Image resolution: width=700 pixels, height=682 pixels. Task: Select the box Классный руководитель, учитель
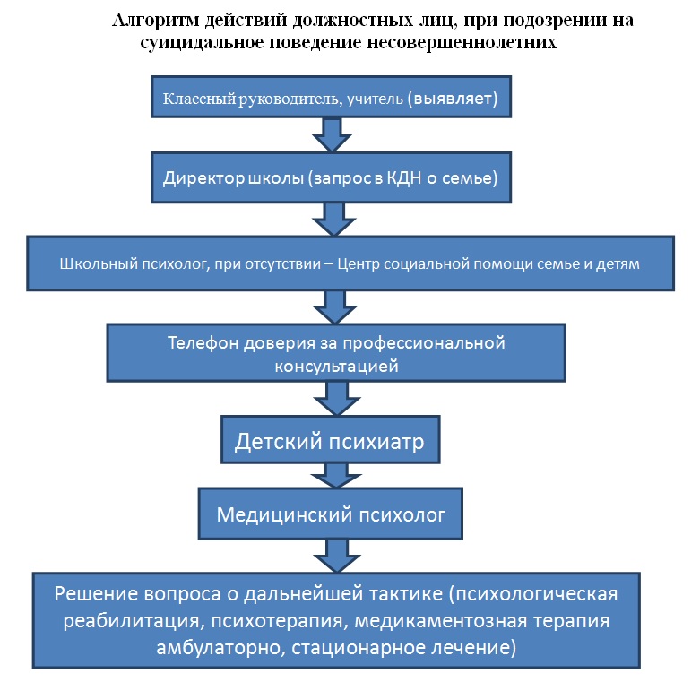point(330,96)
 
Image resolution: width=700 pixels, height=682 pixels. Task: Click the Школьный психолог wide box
point(350,265)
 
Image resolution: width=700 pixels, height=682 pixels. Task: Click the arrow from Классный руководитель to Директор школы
point(330,134)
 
